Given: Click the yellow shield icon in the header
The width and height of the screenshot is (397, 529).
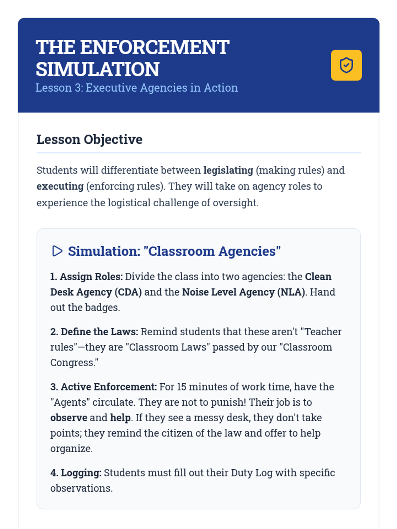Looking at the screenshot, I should coord(346,65).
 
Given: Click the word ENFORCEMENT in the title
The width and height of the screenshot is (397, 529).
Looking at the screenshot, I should coord(154,47).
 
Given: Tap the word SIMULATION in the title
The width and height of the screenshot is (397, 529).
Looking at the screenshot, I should coord(98,69).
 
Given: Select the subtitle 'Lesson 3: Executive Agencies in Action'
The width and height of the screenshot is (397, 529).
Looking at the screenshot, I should coord(137,88).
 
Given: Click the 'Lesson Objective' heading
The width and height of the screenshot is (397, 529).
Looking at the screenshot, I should coord(89,140).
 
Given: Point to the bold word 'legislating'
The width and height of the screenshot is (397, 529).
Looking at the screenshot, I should coord(228,170).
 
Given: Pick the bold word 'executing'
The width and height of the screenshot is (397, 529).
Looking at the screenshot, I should coord(60,186).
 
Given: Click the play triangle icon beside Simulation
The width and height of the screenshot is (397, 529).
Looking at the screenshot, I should coord(57,251).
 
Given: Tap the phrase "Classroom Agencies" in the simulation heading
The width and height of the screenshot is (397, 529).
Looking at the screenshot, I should coord(212,252).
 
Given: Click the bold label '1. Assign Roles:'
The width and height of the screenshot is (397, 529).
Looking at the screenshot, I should coord(86,277).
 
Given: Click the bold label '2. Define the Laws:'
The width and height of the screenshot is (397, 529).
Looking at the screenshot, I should coord(94,332).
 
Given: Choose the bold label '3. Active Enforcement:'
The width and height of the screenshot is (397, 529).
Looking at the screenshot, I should coord(104,387).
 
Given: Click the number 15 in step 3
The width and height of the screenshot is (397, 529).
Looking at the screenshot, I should coord(181,387).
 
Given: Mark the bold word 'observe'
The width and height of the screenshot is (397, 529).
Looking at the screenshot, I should coord(68,418).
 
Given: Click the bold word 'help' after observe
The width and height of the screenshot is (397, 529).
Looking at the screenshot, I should coord(120,418).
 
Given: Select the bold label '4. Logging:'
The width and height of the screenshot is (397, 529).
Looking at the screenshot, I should coord(76,473).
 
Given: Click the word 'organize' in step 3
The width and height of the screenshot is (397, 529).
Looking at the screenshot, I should coord(71,449).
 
